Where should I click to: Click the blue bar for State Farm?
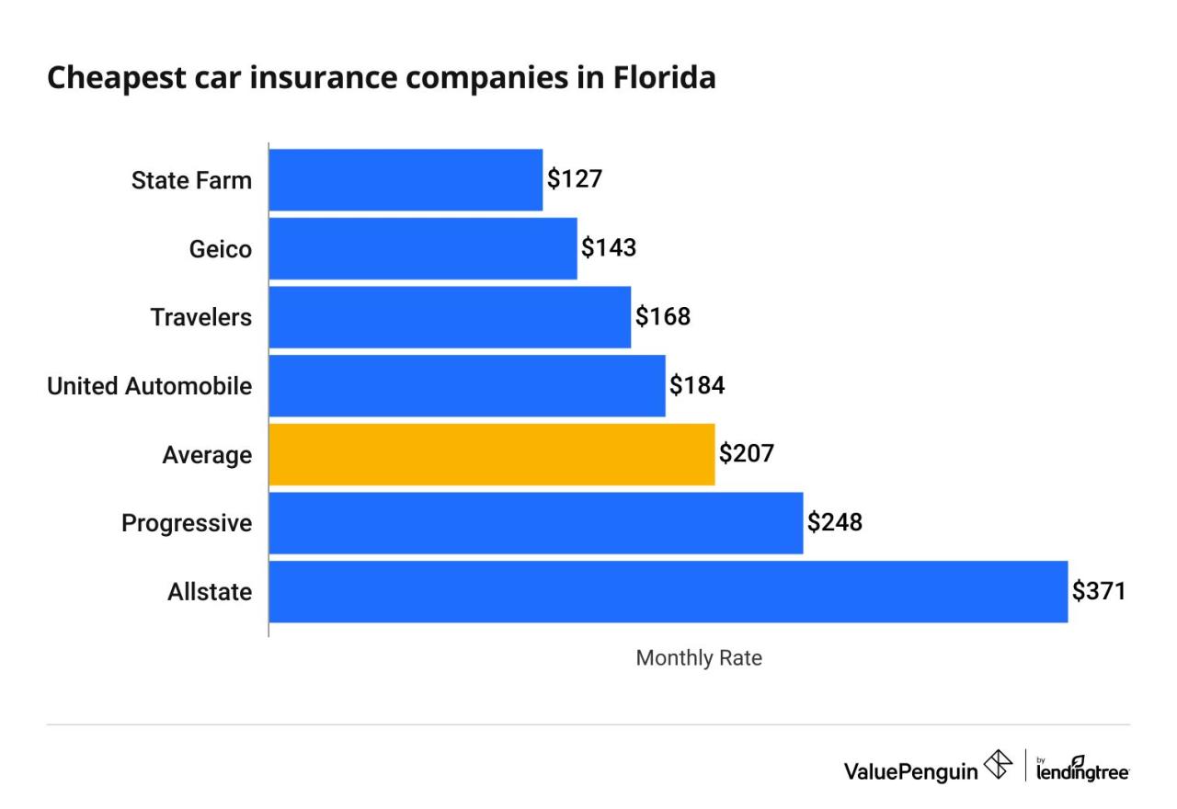pyautogui.click(x=406, y=179)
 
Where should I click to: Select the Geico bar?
pyautogui.click(x=423, y=248)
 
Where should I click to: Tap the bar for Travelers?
pyautogui.click(x=450, y=317)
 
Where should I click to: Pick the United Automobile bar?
pyautogui.click(x=467, y=385)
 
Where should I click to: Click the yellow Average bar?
pyautogui.click(x=492, y=454)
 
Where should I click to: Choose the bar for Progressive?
pyautogui.click(x=536, y=523)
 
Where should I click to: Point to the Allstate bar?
pyautogui.click(x=668, y=591)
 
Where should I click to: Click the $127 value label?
pyautogui.click(x=575, y=178)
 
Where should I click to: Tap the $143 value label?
pyautogui.click(x=609, y=247)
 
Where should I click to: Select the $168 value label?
pyautogui.click(x=663, y=316)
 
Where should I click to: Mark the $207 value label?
pyautogui.click(x=747, y=453)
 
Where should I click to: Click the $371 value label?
pyautogui.click(x=1099, y=591)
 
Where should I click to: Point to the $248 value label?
pyautogui.click(x=835, y=522)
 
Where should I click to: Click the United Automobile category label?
pyautogui.click(x=149, y=386)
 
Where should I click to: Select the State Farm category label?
pyautogui.click(x=191, y=180)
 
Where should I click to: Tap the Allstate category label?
pyautogui.click(x=210, y=592)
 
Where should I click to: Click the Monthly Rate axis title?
pyautogui.click(x=699, y=658)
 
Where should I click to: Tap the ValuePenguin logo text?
pyautogui.click(x=911, y=769)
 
